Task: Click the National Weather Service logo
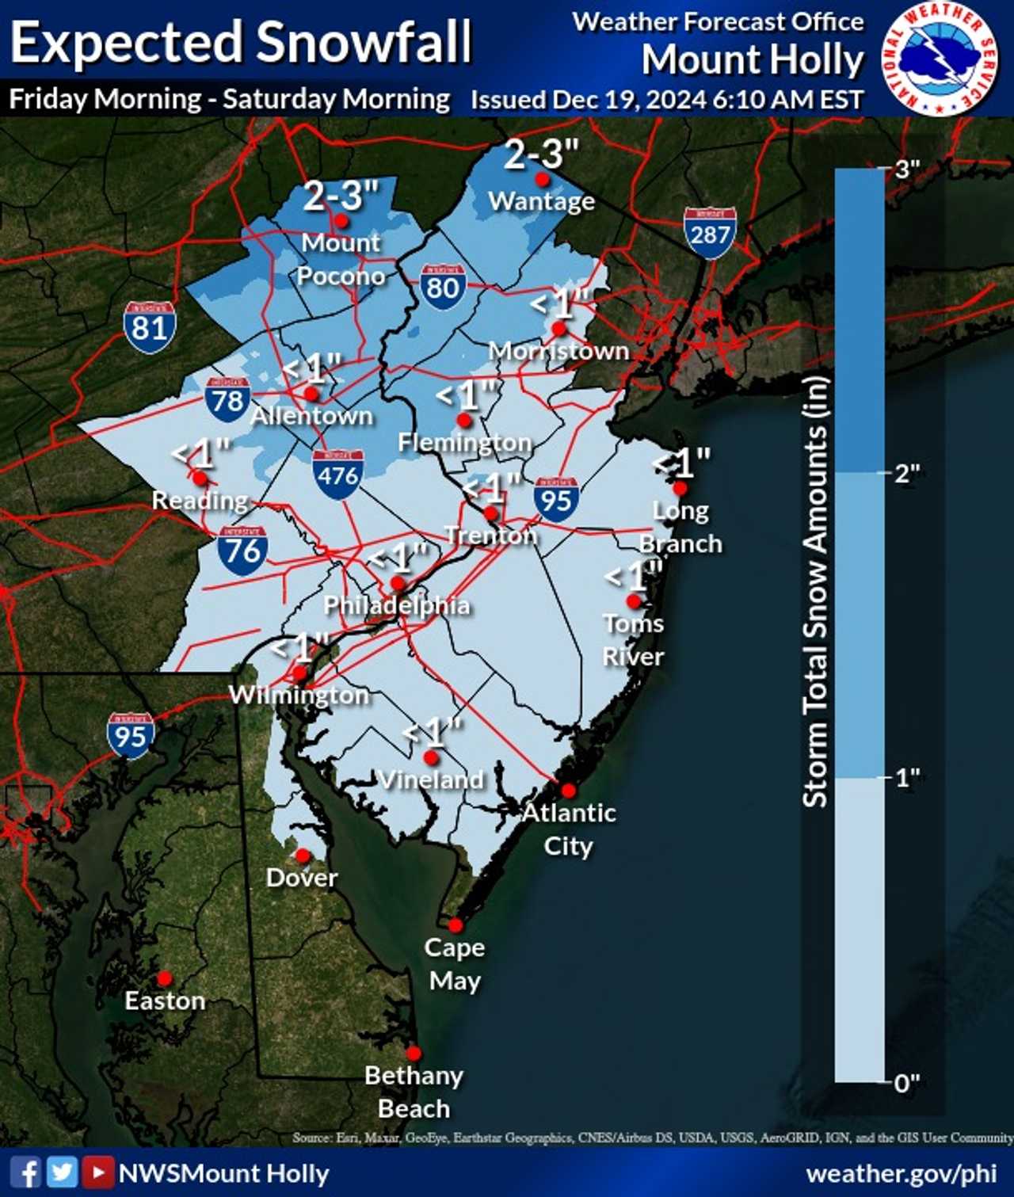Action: pos(940,59)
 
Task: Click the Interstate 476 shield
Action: pos(338,474)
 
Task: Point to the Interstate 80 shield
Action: pos(443,286)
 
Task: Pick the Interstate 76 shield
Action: pos(242,549)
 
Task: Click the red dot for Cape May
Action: pos(456,925)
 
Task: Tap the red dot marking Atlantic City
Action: pos(569,790)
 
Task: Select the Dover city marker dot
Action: pos(303,856)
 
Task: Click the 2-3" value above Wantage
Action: pos(542,154)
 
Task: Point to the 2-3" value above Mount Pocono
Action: pos(341,196)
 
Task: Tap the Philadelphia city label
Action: pos(397,605)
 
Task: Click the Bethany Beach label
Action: pos(414,1092)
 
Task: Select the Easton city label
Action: pos(165,1001)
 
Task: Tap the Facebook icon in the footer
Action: pos(26,1172)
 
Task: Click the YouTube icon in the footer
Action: pos(98,1172)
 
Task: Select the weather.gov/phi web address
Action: pos(901,1173)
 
